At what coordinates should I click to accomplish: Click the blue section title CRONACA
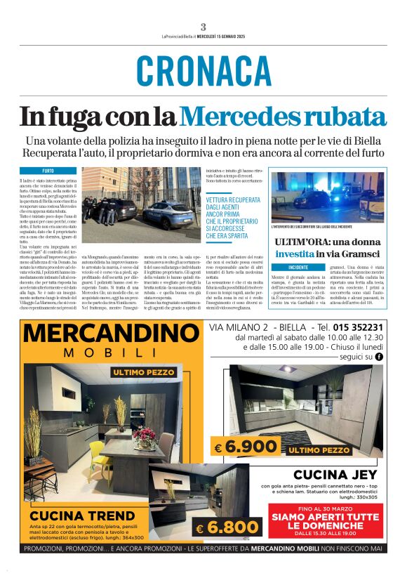203,70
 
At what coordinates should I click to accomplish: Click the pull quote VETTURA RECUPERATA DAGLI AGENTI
231,218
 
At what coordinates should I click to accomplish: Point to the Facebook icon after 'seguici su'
379,357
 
